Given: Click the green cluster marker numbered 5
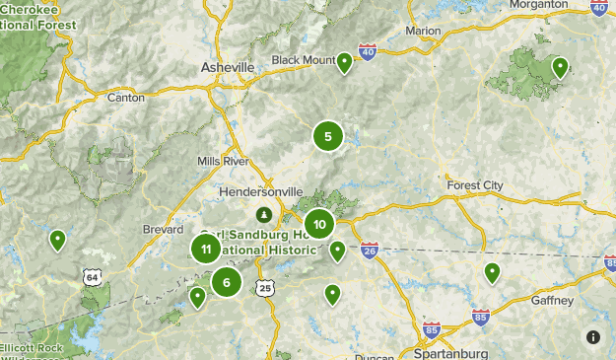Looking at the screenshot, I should (327, 136).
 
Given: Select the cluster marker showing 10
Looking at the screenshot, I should (318, 225).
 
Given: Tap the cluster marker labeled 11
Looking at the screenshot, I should (205, 249).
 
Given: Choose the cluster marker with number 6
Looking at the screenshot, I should (227, 282).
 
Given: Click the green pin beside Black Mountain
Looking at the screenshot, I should (345, 63).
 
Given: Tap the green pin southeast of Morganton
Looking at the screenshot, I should (560, 67).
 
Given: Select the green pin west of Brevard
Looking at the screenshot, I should (58, 239).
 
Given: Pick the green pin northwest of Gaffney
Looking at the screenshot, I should (492, 272).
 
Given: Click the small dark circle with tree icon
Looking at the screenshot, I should (263, 214).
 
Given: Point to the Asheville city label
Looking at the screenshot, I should (227, 67).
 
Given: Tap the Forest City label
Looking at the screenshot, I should (474, 185).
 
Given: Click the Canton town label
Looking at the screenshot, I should (125, 98).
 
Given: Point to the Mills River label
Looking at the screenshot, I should (222, 161).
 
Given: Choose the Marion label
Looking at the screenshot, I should (423, 31).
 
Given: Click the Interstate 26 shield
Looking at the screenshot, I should (370, 251).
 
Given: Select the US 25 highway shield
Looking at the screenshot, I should (264, 288).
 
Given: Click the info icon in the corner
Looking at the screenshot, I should (593, 337).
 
